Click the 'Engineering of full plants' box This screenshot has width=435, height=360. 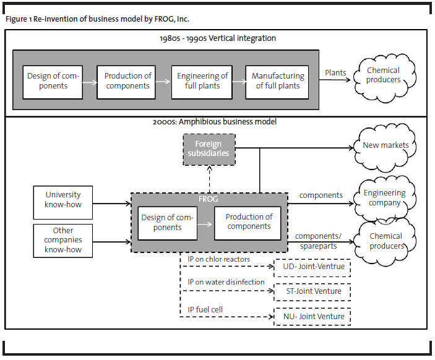click(202, 82)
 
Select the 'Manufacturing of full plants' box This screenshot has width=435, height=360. click(277, 82)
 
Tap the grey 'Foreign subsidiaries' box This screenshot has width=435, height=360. click(209, 150)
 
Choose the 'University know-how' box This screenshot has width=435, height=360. click(63, 202)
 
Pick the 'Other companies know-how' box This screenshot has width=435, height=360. click(63, 241)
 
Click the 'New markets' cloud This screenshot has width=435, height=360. click(385, 148)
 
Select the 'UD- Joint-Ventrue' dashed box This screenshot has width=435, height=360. click(312, 268)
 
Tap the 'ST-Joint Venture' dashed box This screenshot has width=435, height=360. click(312, 292)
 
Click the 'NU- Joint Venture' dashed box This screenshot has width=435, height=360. click(312, 317)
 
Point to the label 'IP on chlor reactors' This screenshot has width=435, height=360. click(218, 259)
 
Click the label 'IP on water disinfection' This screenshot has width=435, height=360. click(226, 282)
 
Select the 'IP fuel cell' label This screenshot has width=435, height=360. click(205, 309)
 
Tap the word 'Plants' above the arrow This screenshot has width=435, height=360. click(335, 72)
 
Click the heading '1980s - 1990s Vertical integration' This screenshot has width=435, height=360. click(218, 38)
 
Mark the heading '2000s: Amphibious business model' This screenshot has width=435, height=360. click(215, 122)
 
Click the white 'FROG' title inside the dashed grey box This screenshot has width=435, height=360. click(209, 199)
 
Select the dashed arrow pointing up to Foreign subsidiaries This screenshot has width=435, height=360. click(209, 179)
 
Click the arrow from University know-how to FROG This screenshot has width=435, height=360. click(112, 204)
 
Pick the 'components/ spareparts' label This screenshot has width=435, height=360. click(318, 241)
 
